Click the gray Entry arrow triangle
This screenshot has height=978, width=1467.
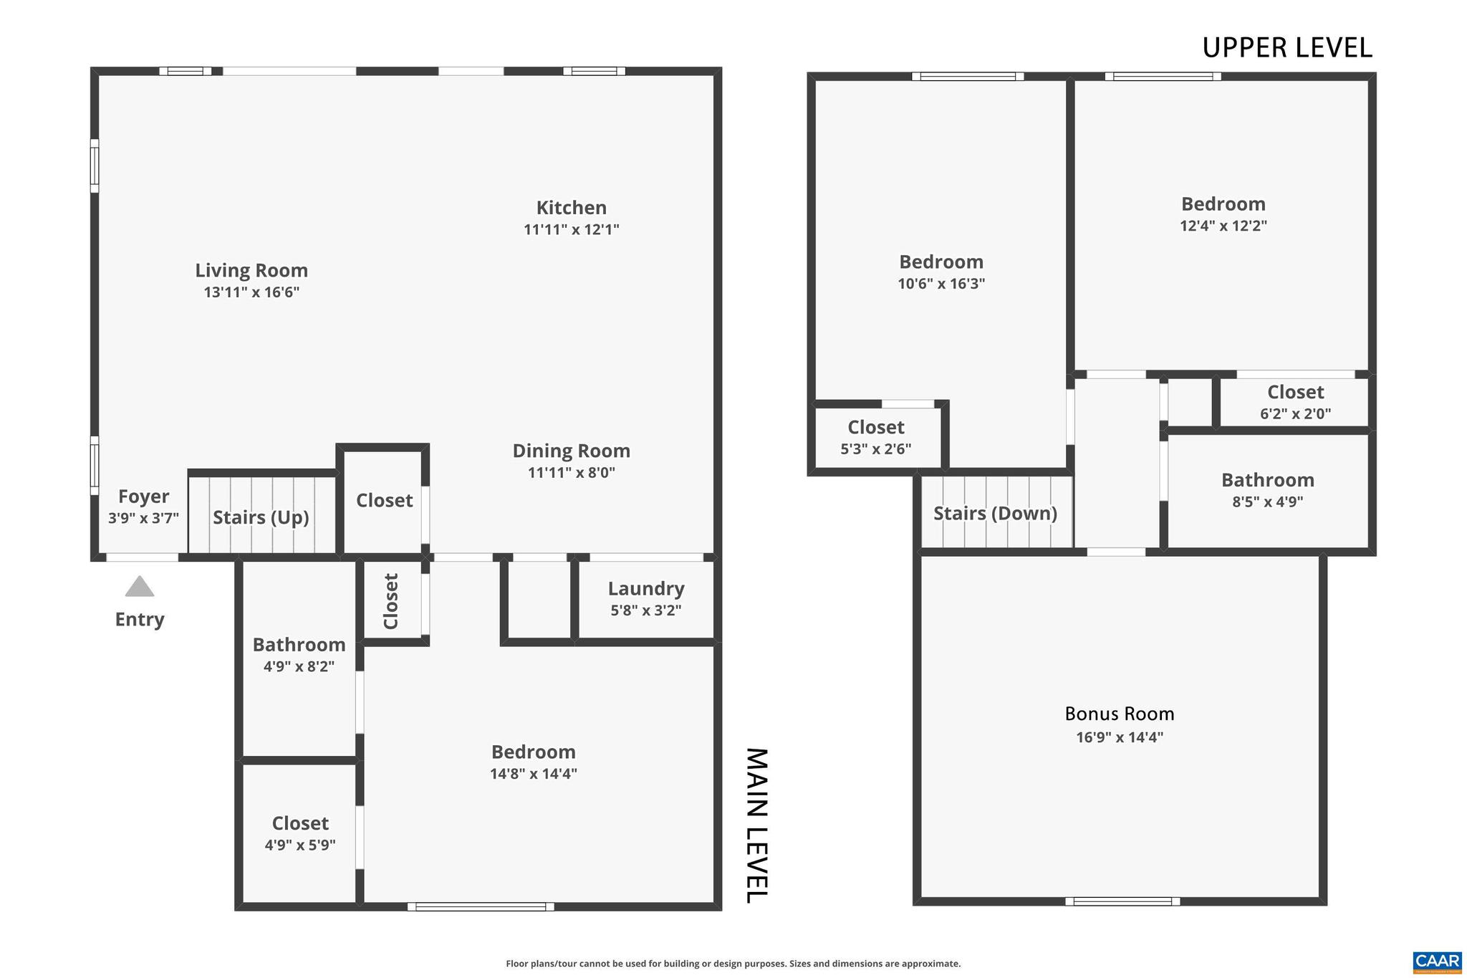coord(140,587)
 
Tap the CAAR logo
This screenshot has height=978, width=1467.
coord(1437,962)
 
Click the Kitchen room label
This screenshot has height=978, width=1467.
coord(572,208)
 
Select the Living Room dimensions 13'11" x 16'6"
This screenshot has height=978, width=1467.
coord(251,292)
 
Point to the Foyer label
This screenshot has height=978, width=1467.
coord(143,497)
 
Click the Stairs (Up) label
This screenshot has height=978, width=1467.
coord(261,517)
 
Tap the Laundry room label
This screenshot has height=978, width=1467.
coord(646,589)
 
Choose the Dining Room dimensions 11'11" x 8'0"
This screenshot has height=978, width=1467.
coord(572,473)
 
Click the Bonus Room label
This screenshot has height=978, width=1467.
coord(1120,714)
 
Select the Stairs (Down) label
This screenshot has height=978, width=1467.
coord(996,513)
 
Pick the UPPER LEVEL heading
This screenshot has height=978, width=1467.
coord(1286,48)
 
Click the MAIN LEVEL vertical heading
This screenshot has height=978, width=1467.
coord(757,825)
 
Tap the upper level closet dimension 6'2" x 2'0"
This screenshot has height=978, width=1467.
coord(1295,413)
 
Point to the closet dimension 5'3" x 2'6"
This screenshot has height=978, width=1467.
coord(875,449)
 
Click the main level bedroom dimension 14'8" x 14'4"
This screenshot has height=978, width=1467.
coord(534,774)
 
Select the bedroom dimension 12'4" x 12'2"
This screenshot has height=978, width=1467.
coord(1223,226)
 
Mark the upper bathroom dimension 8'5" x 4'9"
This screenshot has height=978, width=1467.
coord(1267,502)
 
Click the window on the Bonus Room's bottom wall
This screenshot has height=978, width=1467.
coord(1122,901)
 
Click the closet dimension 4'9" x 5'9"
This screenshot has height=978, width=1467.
coord(300,845)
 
